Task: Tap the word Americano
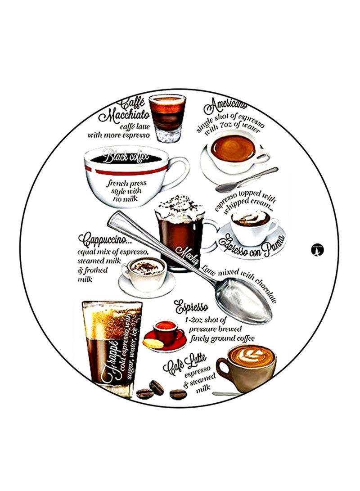click(226, 108)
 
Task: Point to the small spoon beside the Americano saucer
click(246, 180)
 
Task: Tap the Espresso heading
click(191, 308)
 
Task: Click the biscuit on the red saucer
click(153, 343)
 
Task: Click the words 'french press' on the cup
click(122, 183)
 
